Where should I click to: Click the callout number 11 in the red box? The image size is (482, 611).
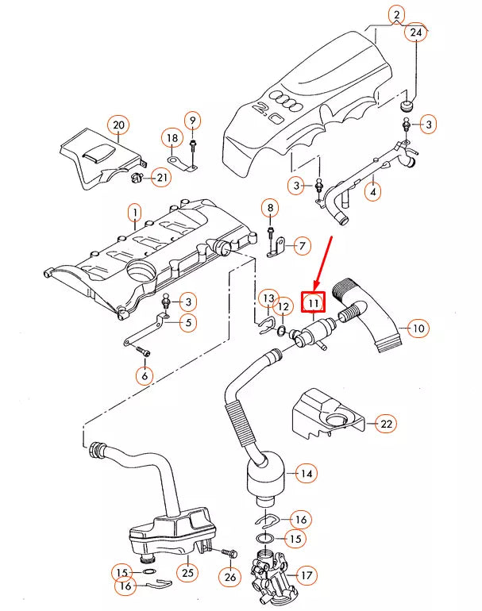pos(313,302)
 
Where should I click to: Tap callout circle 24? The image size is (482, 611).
pos(415,33)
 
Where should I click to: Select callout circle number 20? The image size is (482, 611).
pos(119,125)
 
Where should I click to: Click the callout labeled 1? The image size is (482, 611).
pos(135,213)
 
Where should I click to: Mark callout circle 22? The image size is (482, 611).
pos(385,425)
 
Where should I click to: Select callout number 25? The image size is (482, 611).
pos(187,572)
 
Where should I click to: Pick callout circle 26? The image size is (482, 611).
pos(230,577)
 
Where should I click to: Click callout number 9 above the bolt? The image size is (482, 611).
pos(191,121)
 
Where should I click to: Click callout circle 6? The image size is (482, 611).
pos(144,375)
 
